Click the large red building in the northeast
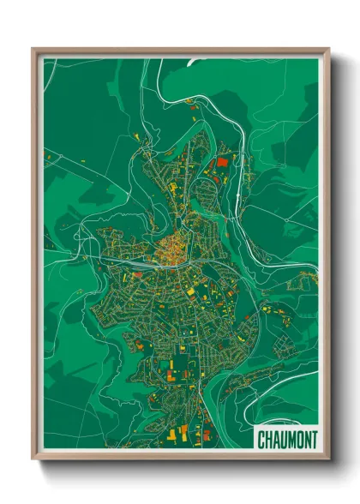(x=224, y=161)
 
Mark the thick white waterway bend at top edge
(x=193, y=61)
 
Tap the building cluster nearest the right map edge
(x=306, y=278)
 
